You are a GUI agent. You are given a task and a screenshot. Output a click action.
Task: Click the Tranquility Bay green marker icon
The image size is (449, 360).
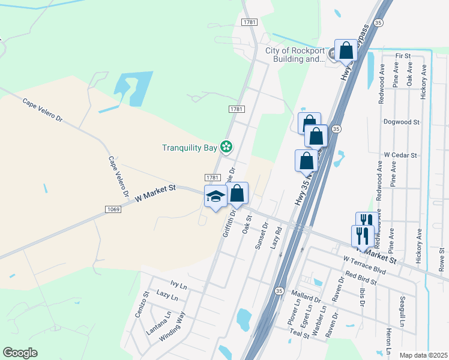click(x=226, y=146)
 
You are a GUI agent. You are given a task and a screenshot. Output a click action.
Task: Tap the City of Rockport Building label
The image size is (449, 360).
click(x=295, y=55)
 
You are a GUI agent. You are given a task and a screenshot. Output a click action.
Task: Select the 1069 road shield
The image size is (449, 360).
click(x=113, y=209)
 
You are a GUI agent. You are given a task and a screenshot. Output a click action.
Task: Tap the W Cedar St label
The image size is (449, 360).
click(x=400, y=155)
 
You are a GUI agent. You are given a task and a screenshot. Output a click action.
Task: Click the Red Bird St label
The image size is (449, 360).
click(x=361, y=278)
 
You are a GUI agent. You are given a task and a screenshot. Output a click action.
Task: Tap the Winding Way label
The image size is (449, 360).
click(x=172, y=327)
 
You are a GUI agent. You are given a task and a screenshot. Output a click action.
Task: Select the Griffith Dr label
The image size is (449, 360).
click(x=229, y=223)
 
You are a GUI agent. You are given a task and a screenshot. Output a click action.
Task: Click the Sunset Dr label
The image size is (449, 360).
click(x=262, y=223)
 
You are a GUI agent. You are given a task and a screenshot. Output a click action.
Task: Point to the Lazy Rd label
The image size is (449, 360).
click(x=277, y=238)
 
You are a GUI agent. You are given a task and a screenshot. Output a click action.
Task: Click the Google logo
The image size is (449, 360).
click(x=20, y=353)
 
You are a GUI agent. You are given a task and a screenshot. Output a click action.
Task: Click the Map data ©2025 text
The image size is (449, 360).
click(x=423, y=356)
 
